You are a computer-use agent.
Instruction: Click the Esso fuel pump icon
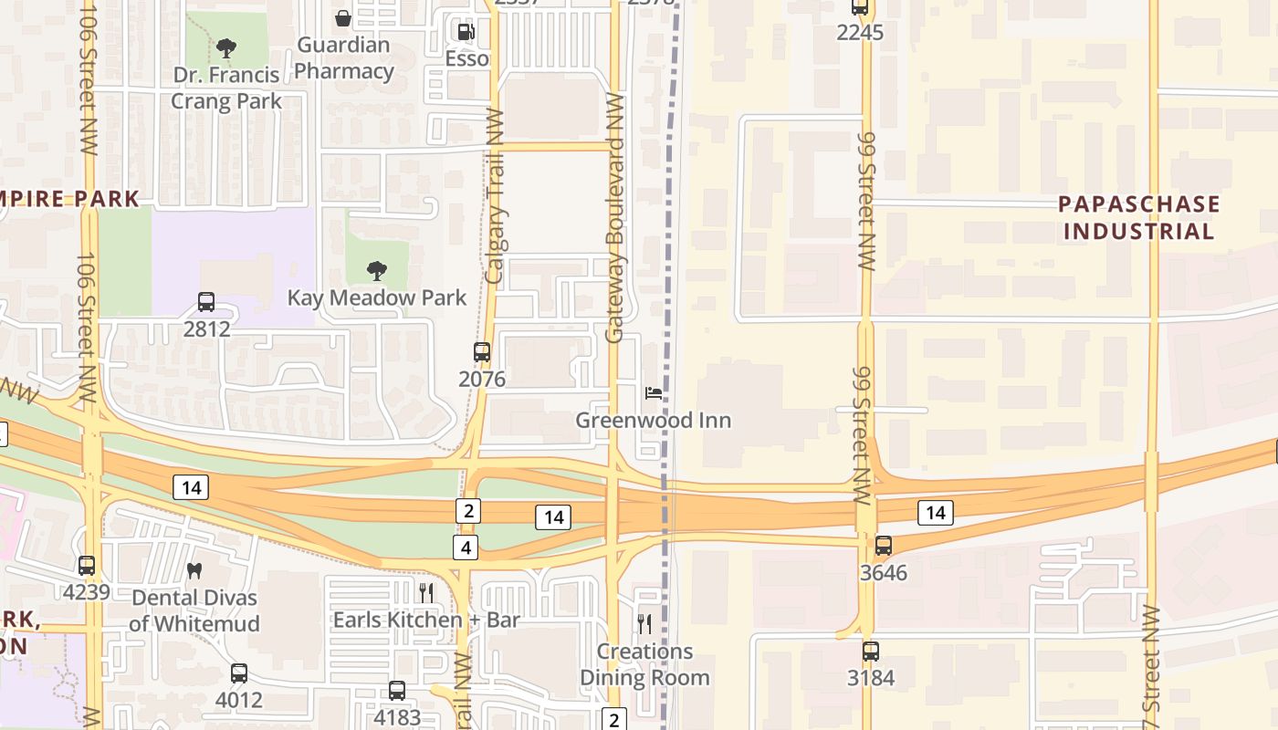coord(466,33)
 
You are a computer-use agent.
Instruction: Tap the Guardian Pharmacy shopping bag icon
coord(343,17)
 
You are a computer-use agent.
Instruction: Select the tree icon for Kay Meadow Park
coord(376,270)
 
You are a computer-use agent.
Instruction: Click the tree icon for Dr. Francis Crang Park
coord(226,48)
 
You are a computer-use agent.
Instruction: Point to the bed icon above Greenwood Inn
coord(654,393)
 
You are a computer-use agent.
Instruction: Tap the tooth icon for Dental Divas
coord(194,570)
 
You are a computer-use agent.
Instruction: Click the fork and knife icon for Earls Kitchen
coord(426,592)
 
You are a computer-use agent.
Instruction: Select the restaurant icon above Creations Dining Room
coord(644,624)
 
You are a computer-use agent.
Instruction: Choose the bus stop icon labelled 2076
coord(481,352)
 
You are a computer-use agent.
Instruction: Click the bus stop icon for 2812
coord(206,302)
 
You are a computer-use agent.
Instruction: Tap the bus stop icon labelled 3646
coord(883,546)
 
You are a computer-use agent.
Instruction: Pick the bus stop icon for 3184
coord(870,652)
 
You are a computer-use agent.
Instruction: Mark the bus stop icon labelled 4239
coord(86,566)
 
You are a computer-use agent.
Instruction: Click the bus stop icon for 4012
coord(238,673)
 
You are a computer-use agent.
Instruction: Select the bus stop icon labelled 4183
coord(397,691)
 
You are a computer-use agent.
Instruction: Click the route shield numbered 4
coord(466,547)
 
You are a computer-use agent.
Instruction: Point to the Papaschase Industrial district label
coord(1138,217)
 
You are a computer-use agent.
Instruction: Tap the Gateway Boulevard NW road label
coord(614,219)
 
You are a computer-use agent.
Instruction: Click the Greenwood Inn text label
coord(654,421)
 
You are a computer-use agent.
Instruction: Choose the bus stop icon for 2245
coord(859,7)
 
